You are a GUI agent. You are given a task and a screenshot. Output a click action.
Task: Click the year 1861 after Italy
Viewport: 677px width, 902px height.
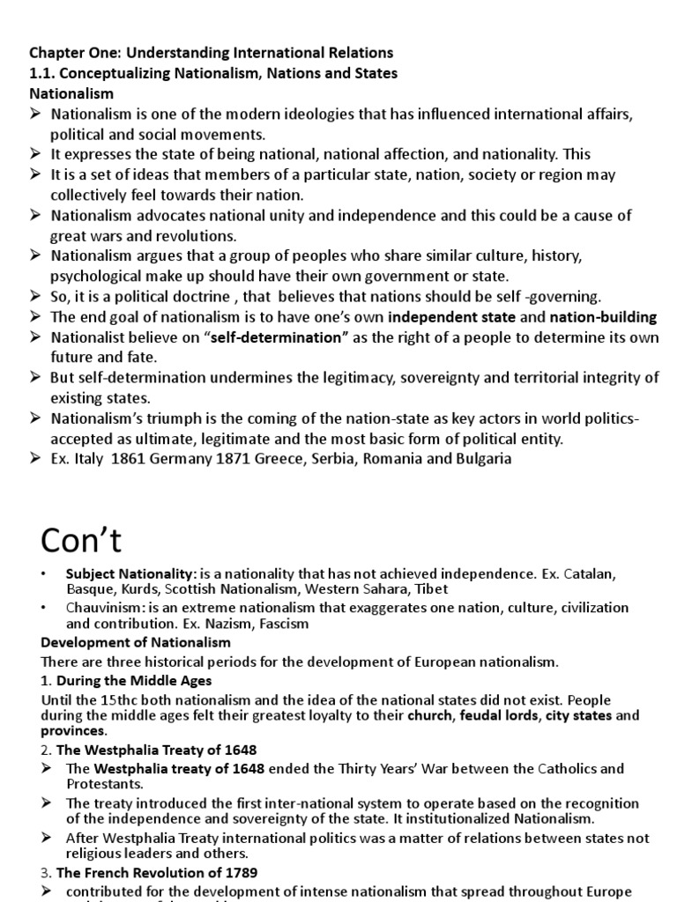click(126, 458)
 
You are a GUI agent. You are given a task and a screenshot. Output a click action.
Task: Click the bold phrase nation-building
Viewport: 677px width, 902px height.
click(603, 317)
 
